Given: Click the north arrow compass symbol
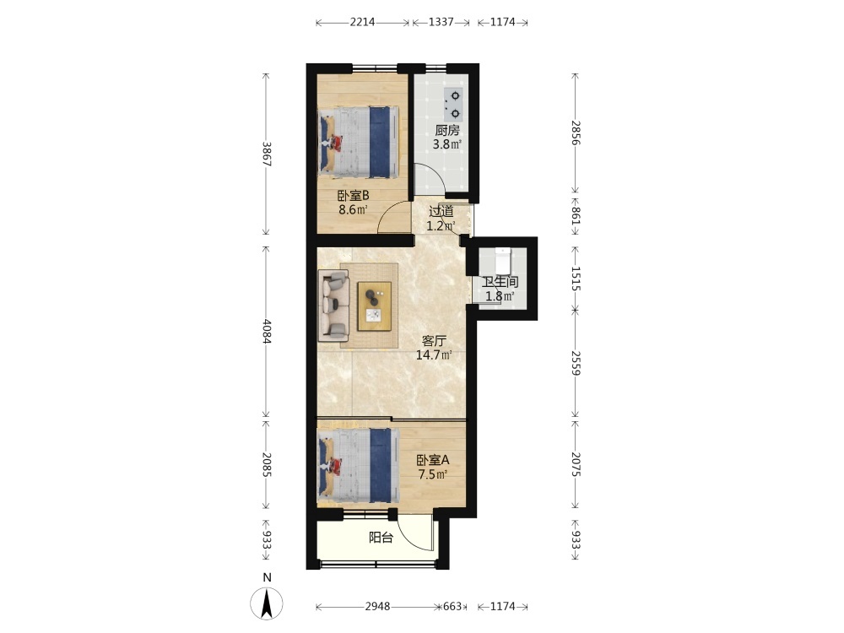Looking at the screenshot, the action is coord(266,603).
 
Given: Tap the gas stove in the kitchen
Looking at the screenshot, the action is coord(453,105).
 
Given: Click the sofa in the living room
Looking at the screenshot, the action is coord(333,306).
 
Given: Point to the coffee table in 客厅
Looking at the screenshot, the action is coord(375,306).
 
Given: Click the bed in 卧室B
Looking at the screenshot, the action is coord(359,142).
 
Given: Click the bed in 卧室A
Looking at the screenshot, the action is coord(359,466).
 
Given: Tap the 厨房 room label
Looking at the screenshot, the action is coord(447,130).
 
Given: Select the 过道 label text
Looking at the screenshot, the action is coord(441,212).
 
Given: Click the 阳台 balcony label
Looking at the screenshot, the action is coord(381,537).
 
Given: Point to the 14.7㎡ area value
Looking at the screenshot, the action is coord(434,354).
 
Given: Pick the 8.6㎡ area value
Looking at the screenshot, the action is coord(353,209).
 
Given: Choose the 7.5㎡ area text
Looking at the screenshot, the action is coord(433,474).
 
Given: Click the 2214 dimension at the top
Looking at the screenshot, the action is coord(362,22).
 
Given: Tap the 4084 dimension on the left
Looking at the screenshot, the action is coord(267,332).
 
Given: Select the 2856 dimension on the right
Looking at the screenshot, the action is coord(576,133).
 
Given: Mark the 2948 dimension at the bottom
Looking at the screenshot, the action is coord(377,607).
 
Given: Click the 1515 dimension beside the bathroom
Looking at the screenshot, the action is coord(576,279).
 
